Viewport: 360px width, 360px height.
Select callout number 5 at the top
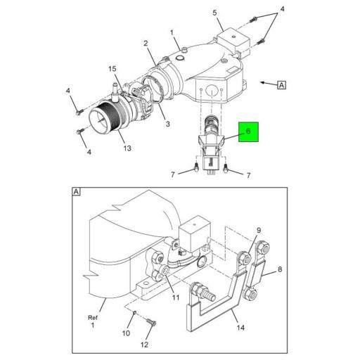click(216, 12)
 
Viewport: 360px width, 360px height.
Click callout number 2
click(146, 44)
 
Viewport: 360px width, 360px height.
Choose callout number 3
click(167, 124)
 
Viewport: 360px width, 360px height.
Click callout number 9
click(258, 231)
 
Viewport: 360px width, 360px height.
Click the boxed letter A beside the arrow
click(281, 86)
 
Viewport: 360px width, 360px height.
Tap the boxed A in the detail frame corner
click(76, 191)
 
